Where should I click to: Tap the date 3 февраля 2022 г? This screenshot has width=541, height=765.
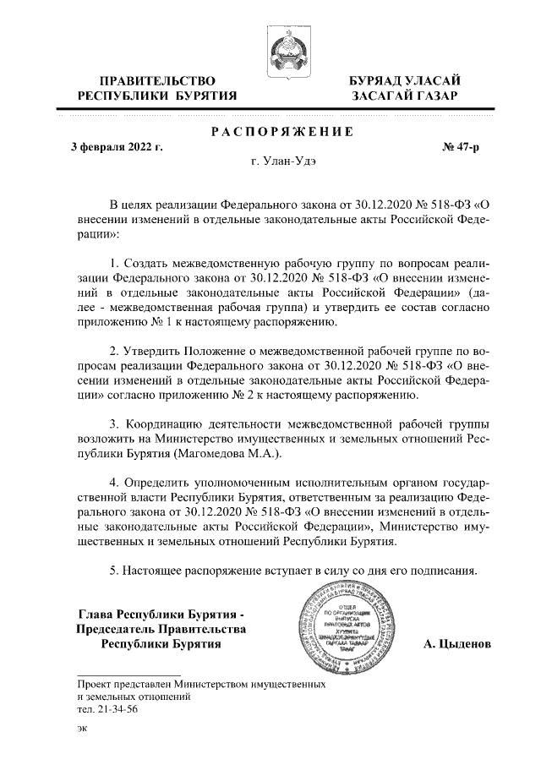(116, 148)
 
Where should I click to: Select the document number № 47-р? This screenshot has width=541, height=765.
(461, 148)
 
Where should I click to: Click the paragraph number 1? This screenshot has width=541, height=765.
(114, 265)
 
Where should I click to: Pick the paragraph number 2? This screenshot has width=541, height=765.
(114, 349)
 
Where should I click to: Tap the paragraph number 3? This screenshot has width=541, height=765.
(114, 421)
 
